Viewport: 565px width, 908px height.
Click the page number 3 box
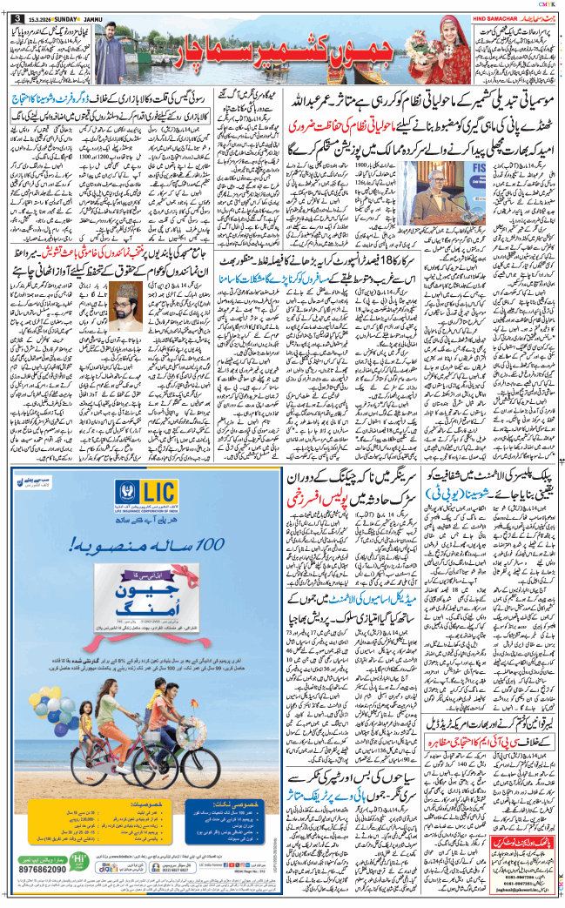17,9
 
